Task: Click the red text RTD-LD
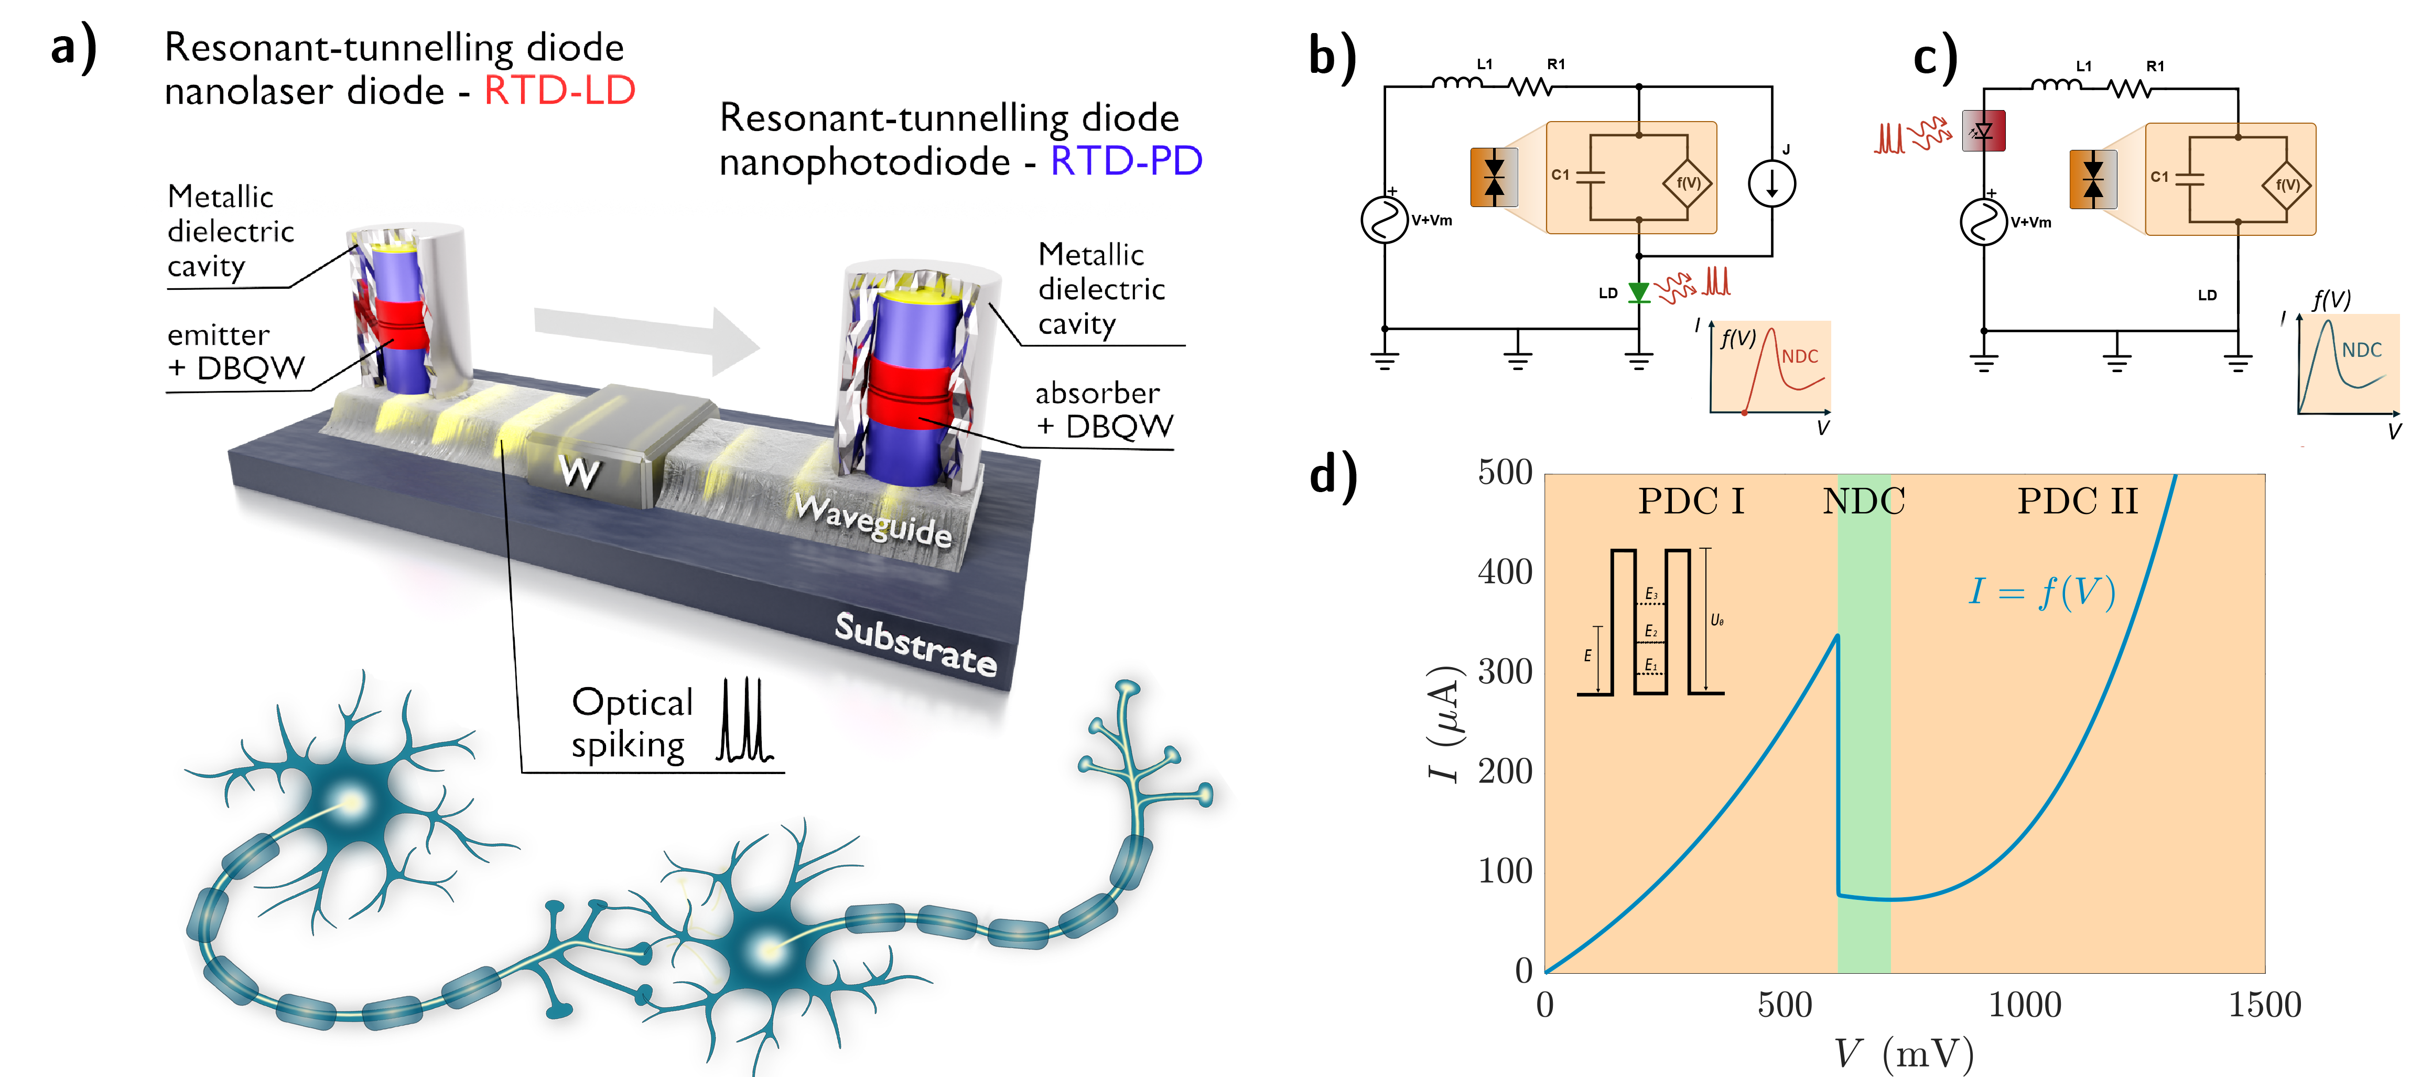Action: pyautogui.click(x=559, y=91)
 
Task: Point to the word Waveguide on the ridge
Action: pyautogui.click(x=873, y=520)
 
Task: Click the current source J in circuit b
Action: pyautogui.click(x=1771, y=183)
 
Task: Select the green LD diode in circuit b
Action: pyautogui.click(x=1639, y=292)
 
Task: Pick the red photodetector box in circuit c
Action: pyautogui.click(x=1984, y=130)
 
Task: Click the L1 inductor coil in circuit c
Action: pyautogui.click(x=2056, y=86)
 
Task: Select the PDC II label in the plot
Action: pyautogui.click(x=2077, y=501)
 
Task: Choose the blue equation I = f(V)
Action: pyautogui.click(x=2041, y=592)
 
